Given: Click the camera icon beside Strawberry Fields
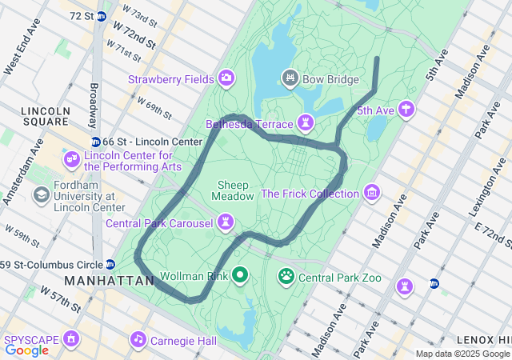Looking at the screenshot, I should pyautogui.click(x=226, y=78).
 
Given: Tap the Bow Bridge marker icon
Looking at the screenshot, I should pyautogui.click(x=290, y=78).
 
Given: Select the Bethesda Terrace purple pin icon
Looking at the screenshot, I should pyautogui.click(x=305, y=123).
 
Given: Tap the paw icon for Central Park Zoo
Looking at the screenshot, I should pyautogui.click(x=286, y=277).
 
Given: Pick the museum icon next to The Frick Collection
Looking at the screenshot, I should pyautogui.click(x=371, y=193).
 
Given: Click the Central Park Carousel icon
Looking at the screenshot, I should pyautogui.click(x=227, y=221).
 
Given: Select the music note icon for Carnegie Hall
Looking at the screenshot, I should pyautogui.click(x=139, y=339).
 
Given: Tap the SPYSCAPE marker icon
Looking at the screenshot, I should pyautogui.click(x=72, y=339).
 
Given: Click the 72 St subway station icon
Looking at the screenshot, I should pyautogui.click(x=102, y=16).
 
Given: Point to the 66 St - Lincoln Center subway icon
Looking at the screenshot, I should pyautogui.click(x=95, y=142).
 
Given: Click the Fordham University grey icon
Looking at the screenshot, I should pyautogui.click(x=40, y=194).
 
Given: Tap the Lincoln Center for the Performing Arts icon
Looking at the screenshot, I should pyautogui.click(x=72, y=160).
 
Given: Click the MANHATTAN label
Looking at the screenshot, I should pyautogui.click(x=110, y=282).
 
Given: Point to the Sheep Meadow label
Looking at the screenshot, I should pyautogui.click(x=234, y=190).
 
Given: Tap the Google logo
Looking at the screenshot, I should pyautogui.click(x=26, y=350).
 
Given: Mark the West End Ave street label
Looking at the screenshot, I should pyautogui.click(x=22, y=54).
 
